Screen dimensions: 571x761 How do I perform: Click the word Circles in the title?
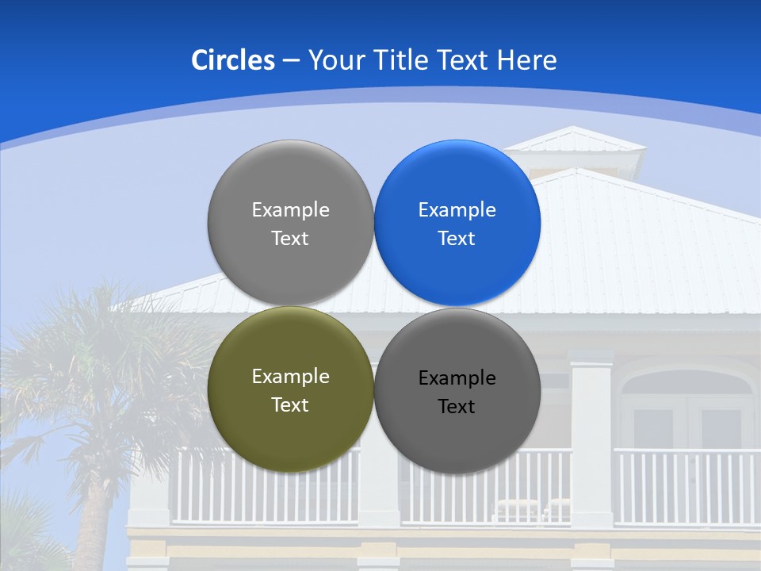click(232, 60)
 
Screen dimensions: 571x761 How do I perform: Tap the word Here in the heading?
click(526, 60)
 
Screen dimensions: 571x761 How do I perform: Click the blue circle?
click(457, 223)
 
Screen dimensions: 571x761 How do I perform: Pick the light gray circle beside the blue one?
click(290, 223)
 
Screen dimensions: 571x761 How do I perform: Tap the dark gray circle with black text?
click(457, 392)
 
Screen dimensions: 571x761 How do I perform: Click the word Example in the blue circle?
click(457, 210)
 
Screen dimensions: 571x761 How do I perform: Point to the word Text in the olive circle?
click(290, 405)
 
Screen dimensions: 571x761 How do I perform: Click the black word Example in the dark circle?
click(457, 378)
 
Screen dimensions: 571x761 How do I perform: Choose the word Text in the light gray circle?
click(290, 239)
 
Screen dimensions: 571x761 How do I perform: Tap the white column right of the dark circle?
click(591, 444)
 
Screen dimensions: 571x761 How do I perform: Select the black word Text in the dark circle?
click(457, 407)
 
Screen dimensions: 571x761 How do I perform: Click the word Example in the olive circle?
click(290, 377)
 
